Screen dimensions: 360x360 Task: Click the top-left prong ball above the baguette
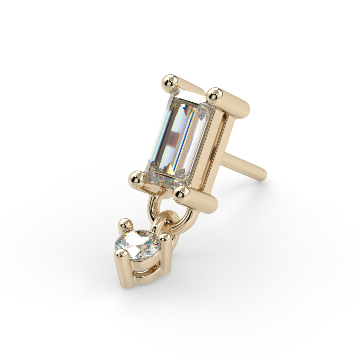[170, 81]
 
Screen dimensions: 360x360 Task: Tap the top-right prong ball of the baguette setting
[214, 94]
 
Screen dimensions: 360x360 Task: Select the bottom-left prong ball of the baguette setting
[137, 178]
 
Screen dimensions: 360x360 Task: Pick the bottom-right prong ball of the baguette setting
[181, 193]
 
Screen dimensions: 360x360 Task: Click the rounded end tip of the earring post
[262, 175]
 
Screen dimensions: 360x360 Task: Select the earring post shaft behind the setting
[243, 165]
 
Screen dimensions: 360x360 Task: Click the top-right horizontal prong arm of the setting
[234, 104]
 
